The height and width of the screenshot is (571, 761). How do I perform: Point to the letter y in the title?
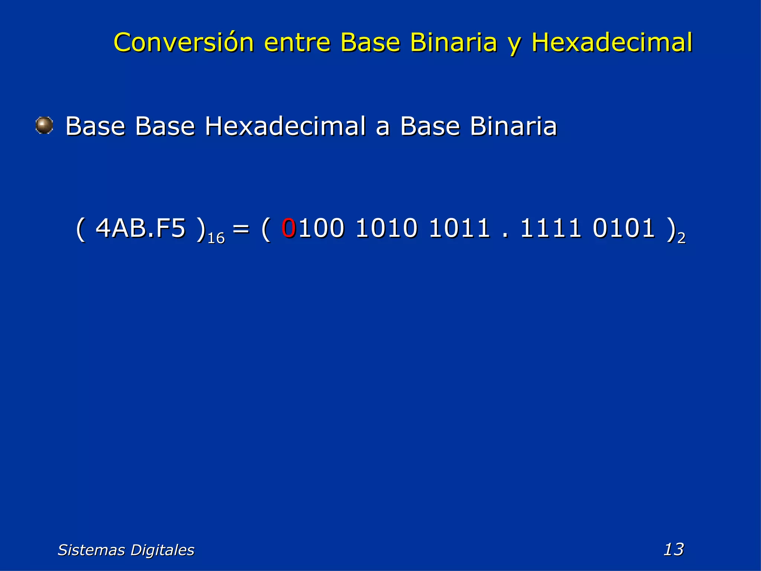point(514,45)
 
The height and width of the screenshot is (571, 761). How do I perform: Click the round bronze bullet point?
point(44,125)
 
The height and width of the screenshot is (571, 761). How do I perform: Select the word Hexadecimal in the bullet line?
point(285,126)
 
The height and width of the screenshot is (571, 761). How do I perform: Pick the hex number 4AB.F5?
point(140,228)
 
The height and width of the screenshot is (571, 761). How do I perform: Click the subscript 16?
point(216,238)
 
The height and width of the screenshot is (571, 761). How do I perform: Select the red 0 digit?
point(289,228)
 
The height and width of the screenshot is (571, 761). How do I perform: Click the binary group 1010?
point(386,228)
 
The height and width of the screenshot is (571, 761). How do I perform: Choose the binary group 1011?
point(459,228)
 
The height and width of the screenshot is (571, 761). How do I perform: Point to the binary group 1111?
point(551,228)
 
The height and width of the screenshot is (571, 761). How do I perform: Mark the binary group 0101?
point(624,228)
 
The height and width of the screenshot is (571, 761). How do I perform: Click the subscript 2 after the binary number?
point(681,238)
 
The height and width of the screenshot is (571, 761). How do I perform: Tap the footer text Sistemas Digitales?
point(126,550)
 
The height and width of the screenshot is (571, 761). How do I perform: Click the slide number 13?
point(673,549)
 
